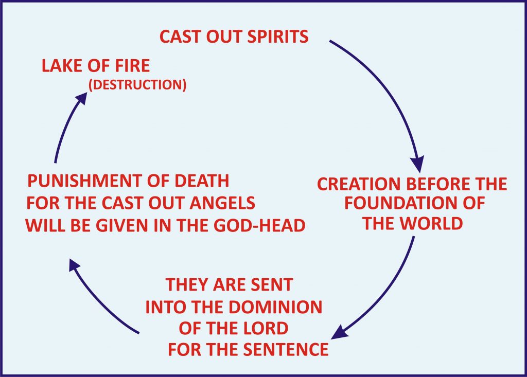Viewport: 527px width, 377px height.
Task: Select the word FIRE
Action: coord(131,66)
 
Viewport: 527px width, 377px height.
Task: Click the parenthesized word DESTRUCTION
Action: coord(137,84)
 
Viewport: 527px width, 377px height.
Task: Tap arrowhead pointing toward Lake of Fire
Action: coord(81,97)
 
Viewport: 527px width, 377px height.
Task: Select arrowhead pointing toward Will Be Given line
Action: coord(74,266)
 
